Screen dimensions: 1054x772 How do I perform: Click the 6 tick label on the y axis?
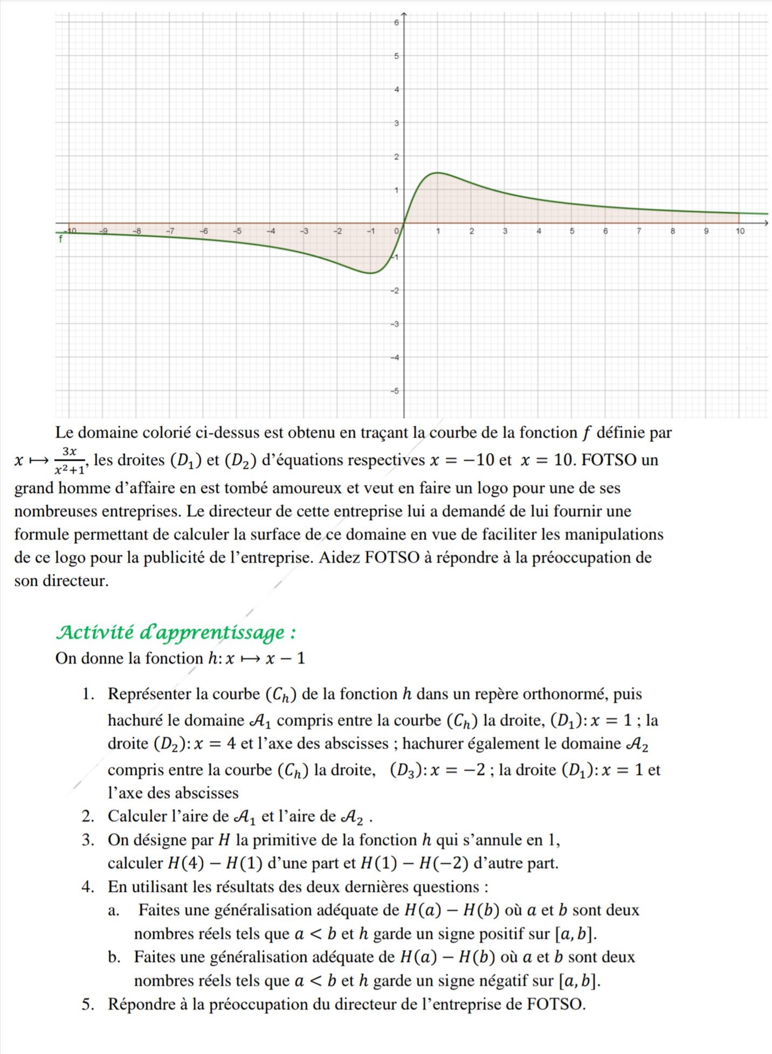click(396, 23)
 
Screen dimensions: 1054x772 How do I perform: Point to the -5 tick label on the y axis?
click(395, 391)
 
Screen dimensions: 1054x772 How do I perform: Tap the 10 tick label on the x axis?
click(740, 231)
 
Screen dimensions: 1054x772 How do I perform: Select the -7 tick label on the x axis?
click(170, 231)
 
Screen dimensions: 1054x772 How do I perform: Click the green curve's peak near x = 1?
click(437, 172)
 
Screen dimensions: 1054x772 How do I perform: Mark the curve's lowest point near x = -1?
click(370, 273)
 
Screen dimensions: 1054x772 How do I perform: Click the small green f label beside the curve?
click(60, 239)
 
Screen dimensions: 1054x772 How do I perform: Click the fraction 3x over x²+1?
click(70, 461)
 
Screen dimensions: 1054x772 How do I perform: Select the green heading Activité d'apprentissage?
click(176, 632)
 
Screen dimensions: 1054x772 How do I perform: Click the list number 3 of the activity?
click(88, 840)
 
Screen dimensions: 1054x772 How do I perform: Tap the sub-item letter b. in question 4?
click(114, 957)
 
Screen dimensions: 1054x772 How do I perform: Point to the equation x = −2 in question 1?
click(459, 771)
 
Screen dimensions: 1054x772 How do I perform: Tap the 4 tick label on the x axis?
click(539, 231)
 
